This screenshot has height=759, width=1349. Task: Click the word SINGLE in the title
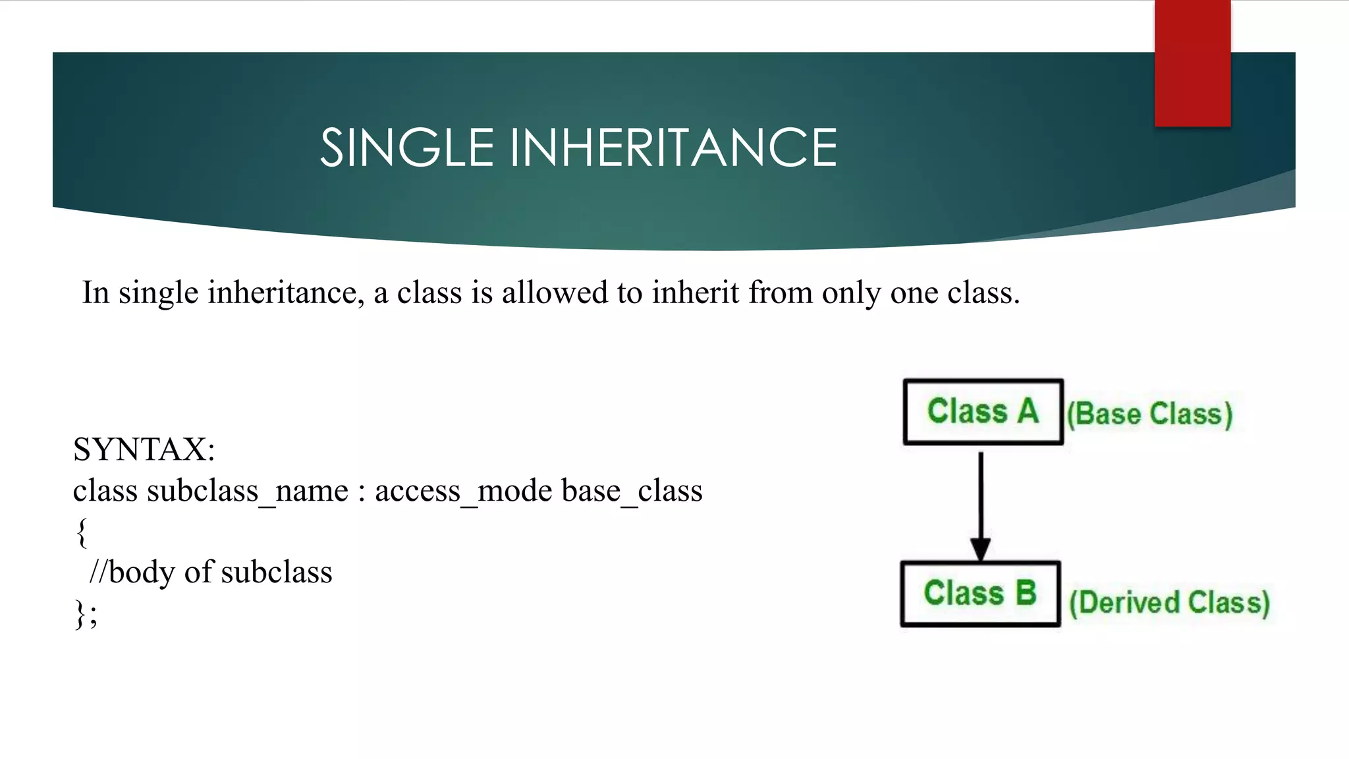[x=406, y=148]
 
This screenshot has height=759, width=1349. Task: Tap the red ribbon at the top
[x=1192, y=63]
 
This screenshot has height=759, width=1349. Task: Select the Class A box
[x=983, y=412]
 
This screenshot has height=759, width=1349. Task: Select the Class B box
[x=980, y=593]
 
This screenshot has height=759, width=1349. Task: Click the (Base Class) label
[x=1149, y=414]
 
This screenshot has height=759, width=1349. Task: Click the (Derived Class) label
[x=1169, y=602]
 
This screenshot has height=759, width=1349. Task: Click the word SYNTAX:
[x=144, y=449]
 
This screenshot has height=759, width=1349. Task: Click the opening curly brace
[x=82, y=532]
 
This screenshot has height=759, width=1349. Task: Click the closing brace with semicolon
[x=86, y=614]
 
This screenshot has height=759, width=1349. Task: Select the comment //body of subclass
[x=211, y=572]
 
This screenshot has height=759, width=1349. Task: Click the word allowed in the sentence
[x=555, y=293]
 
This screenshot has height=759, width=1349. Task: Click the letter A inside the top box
[x=1028, y=411]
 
